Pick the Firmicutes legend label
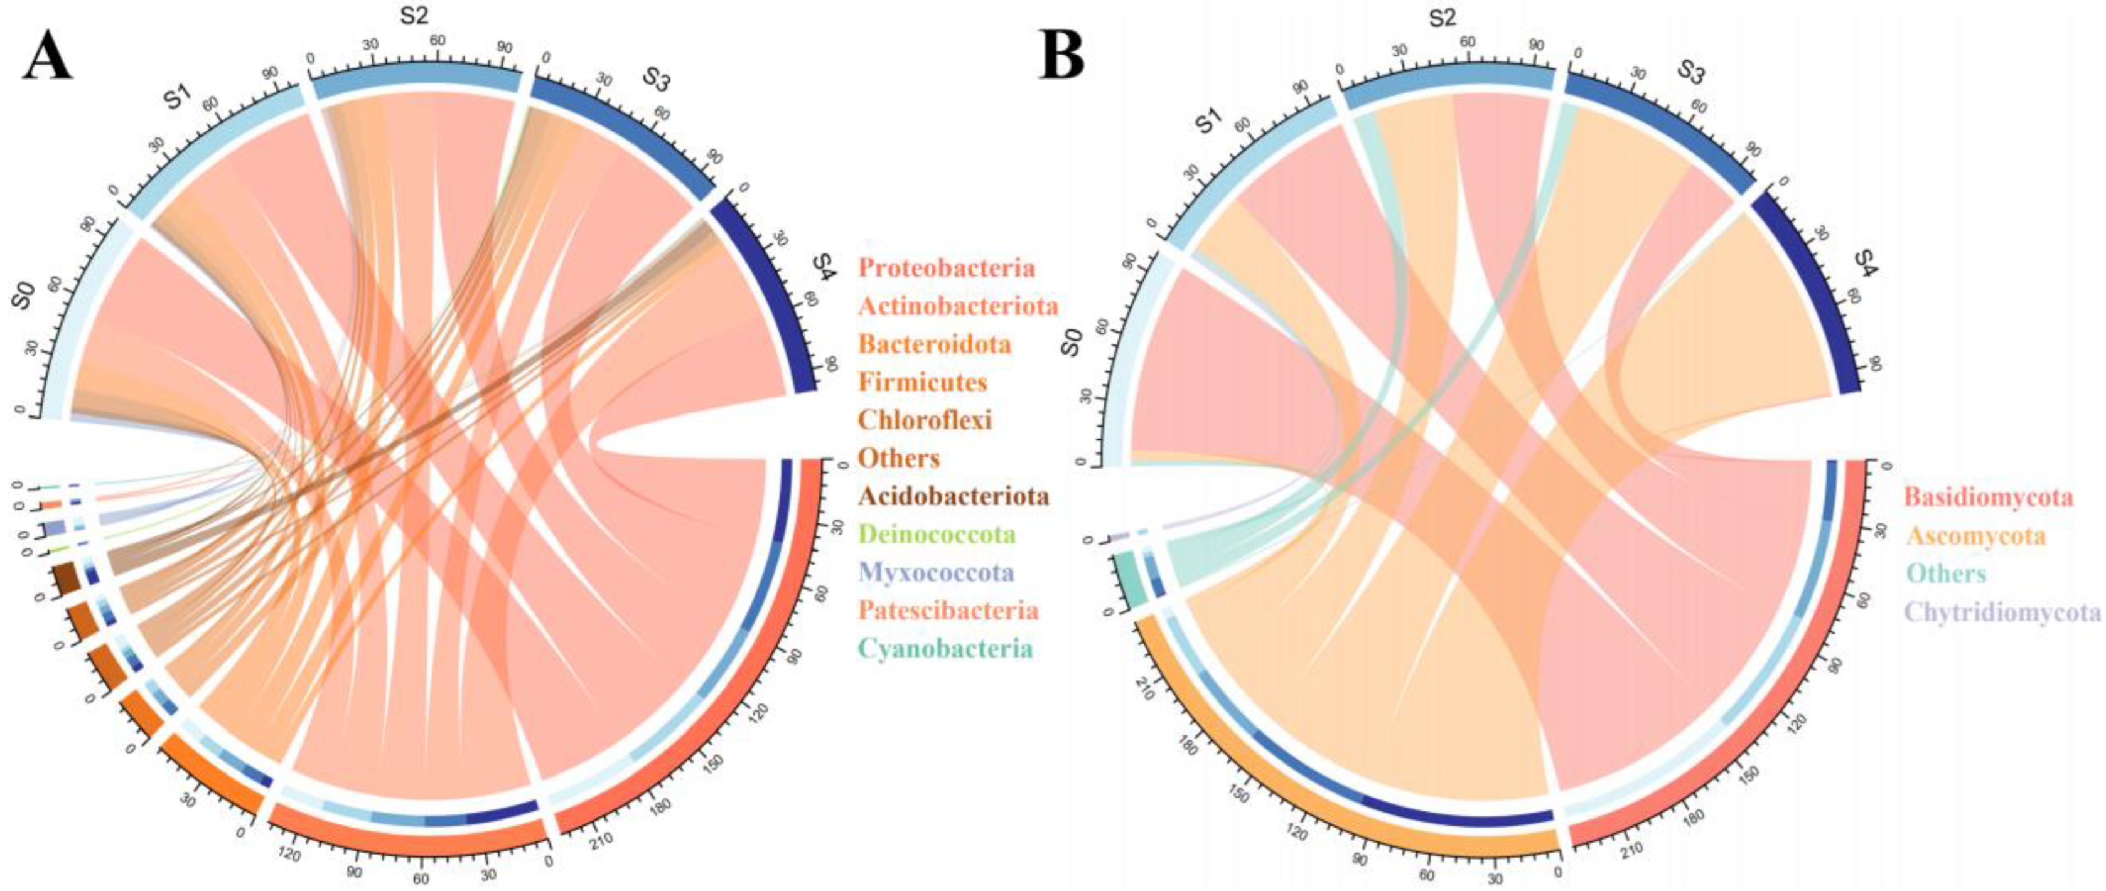click(922, 381)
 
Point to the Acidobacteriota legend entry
click(954, 496)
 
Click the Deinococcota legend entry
click(937, 535)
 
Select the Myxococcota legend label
click(935, 572)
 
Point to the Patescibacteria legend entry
click(948, 611)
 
